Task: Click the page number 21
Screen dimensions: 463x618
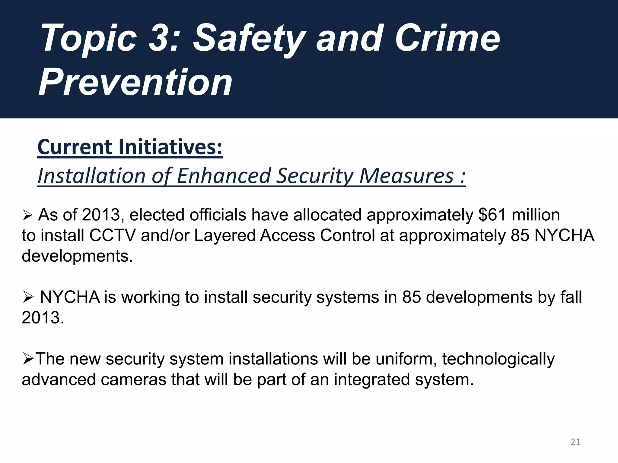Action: pos(575,442)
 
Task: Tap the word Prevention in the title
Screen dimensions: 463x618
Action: pos(135,82)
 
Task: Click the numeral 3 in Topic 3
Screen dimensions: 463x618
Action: pos(158,39)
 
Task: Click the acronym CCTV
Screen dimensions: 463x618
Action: pos(113,235)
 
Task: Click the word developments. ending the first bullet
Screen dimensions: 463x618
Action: pos(77,256)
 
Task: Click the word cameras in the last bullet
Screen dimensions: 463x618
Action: pos(133,380)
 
